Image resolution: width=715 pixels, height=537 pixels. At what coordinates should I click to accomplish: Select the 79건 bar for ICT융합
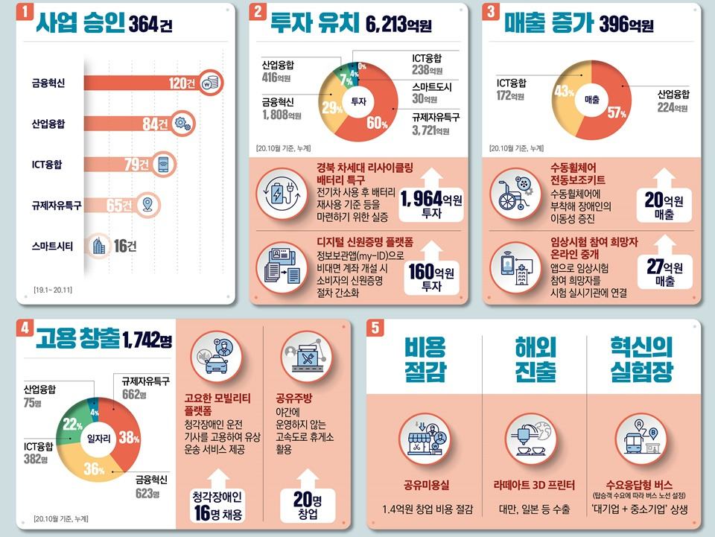(x=119, y=165)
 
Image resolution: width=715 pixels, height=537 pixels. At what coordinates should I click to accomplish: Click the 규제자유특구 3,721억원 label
(x=436, y=124)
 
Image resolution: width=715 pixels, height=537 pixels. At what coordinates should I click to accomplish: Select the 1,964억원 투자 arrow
(x=431, y=196)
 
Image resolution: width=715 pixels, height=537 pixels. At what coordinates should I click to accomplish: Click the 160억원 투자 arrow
(x=431, y=270)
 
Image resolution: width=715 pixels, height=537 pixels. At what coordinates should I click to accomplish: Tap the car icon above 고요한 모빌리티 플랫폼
(x=215, y=358)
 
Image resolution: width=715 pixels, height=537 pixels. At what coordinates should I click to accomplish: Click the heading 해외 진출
(x=534, y=360)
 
